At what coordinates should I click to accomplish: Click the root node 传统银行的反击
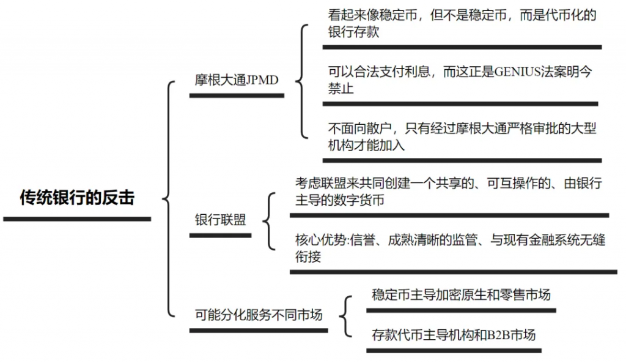click(x=77, y=198)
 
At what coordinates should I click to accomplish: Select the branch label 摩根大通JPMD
click(x=236, y=80)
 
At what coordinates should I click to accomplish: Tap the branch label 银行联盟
click(x=220, y=220)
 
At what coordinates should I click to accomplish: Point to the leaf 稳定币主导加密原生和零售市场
click(x=461, y=295)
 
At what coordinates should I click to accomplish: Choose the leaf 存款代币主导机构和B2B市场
click(x=453, y=335)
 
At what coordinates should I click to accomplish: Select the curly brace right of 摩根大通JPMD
click(x=300, y=81)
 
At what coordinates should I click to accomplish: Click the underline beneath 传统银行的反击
click(x=77, y=219)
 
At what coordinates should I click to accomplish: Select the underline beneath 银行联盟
click(x=220, y=235)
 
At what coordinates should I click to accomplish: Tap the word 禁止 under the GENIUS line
click(x=341, y=89)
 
